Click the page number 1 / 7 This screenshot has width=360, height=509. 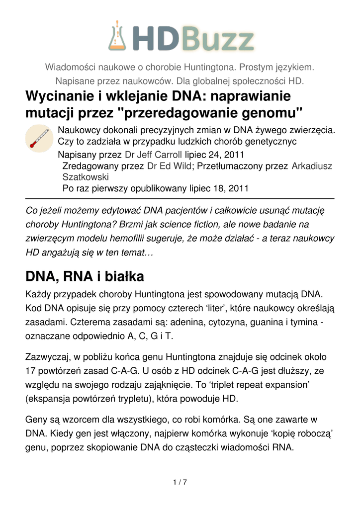pyautogui.click(x=180, y=482)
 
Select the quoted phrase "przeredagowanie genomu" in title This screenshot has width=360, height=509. pyautogui.click(x=210, y=113)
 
